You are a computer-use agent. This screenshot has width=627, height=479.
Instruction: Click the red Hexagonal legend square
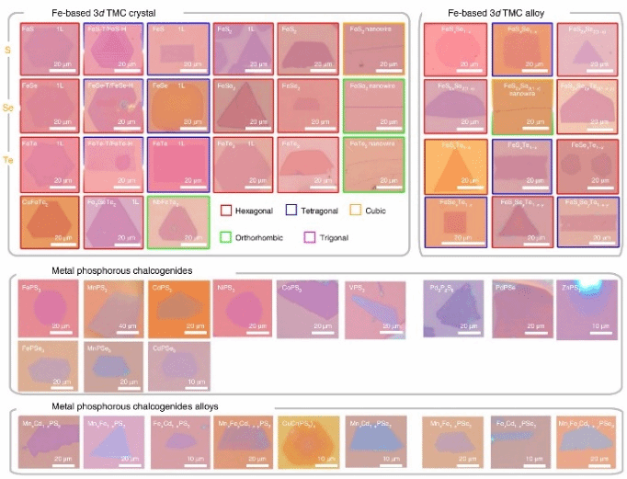(x=226, y=210)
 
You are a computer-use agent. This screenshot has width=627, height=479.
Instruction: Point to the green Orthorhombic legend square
(x=226, y=236)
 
